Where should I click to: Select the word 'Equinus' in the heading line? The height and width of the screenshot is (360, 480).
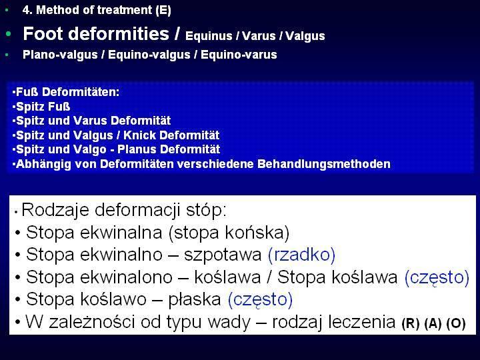point(209,36)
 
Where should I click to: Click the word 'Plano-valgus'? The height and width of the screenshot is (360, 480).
point(60,55)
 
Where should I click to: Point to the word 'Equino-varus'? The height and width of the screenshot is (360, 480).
point(239,55)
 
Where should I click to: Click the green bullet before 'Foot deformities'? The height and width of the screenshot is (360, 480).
point(8,34)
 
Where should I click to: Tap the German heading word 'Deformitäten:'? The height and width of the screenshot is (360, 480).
point(81,92)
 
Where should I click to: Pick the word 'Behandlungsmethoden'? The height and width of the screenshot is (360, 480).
point(324,164)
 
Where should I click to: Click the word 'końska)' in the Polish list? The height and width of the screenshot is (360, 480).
point(257,233)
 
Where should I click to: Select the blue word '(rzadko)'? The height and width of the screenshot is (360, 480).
point(301,255)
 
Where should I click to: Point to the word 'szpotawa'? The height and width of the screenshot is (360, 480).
point(223,255)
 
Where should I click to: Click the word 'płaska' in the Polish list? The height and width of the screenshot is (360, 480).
point(195,299)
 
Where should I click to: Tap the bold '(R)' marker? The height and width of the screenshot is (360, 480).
point(411,323)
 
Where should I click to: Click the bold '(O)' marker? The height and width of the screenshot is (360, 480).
point(456,323)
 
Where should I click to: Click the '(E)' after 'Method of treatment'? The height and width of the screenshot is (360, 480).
point(163,11)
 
